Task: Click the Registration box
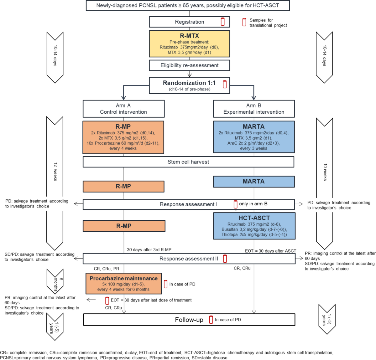(x=189, y=22)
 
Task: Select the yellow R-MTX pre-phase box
(x=189, y=44)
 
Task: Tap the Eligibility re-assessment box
(x=189, y=65)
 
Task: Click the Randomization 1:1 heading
(x=189, y=83)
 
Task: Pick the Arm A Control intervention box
(x=123, y=109)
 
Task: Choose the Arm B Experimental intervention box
(x=254, y=109)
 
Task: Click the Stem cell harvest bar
(x=188, y=162)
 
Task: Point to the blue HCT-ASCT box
(x=254, y=226)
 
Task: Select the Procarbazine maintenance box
(x=124, y=284)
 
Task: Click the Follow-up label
(x=189, y=320)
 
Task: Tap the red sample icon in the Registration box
(x=223, y=22)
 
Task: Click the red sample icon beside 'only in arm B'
(x=236, y=204)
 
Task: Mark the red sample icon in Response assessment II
(x=225, y=259)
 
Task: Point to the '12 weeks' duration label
(x=55, y=172)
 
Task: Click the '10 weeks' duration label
(x=325, y=172)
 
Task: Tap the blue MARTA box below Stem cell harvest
(x=254, y=182)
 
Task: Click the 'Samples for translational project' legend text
(x=268, y=23)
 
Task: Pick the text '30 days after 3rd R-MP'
(x=149, y=249)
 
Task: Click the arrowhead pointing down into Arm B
(x=254, y=98)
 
